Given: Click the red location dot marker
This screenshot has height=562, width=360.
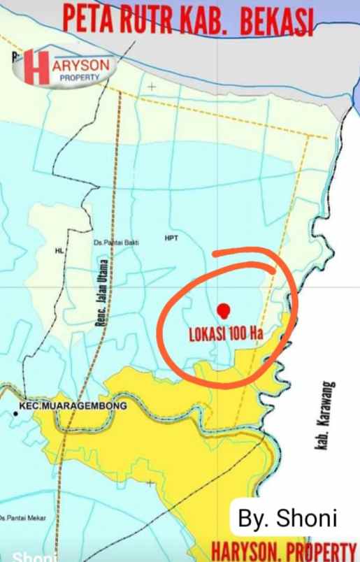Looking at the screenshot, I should point(223,310).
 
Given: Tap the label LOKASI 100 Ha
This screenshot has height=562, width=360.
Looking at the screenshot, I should point(226,333).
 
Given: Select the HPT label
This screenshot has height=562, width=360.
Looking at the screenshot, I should point(171,238).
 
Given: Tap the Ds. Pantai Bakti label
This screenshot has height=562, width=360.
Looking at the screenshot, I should point(115,243).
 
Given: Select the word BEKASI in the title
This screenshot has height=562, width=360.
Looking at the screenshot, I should point(275,24).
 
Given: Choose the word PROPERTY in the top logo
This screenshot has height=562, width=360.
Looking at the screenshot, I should point(79,78).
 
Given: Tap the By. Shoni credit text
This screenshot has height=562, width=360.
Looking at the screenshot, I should point(287,519).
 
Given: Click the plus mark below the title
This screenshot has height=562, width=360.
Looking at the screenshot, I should point(151,87).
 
